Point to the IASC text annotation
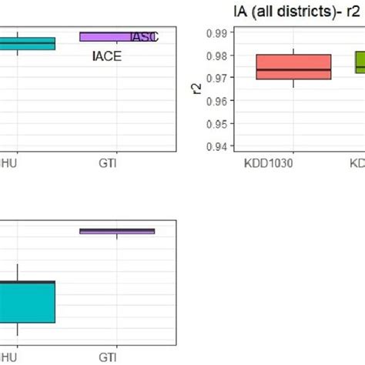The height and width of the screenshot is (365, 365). pos(144,37)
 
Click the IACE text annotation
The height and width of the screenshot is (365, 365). pos(106,55)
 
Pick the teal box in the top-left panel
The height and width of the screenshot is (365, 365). pos(27,44)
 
